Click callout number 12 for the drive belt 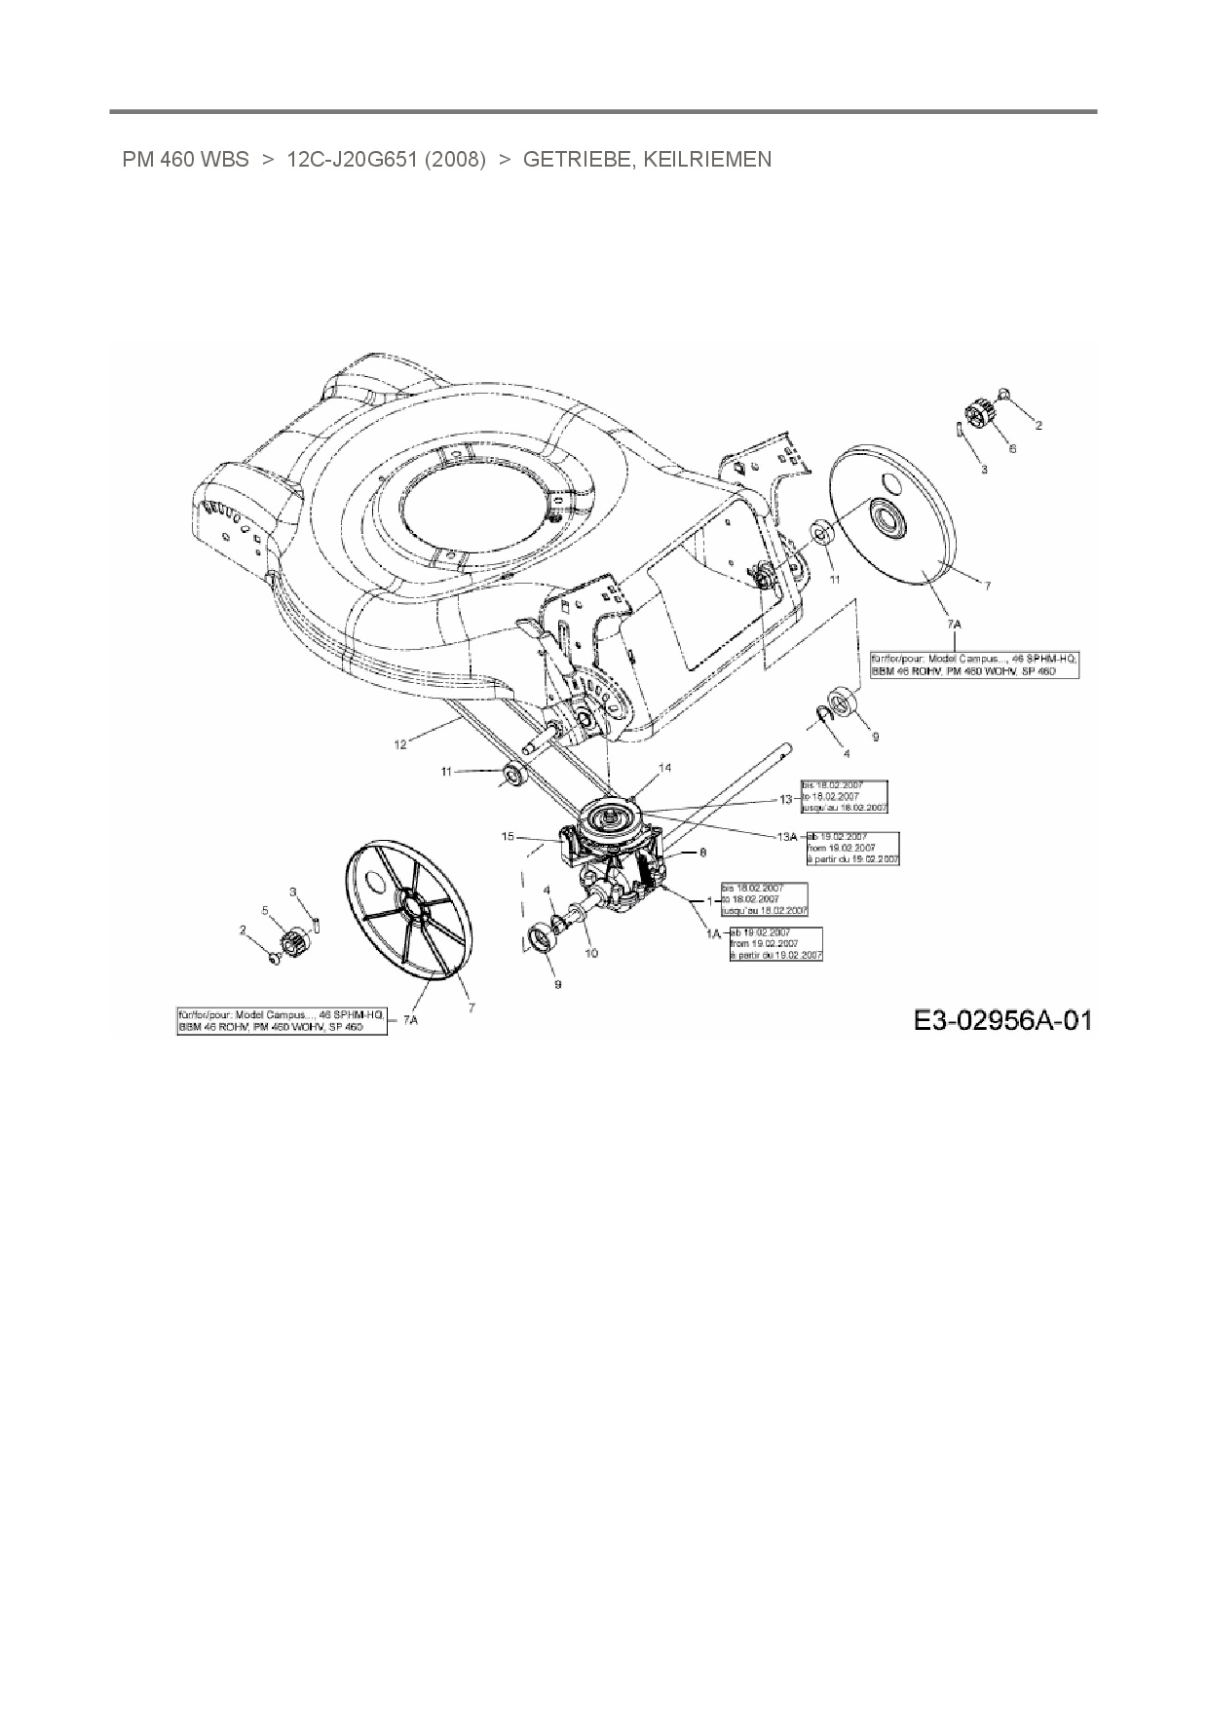[400, 745]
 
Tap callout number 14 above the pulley [664, 768]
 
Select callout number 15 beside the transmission [508, 836]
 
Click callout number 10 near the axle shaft [591, 953]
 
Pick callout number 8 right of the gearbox [702, 852]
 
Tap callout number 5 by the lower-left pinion [264, 910]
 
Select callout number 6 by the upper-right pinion [1012, 448]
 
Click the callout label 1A [713, 933]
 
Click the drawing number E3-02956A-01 [1002, 1020]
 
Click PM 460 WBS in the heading [185, 159]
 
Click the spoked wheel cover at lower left [409, 910]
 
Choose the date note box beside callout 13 [844, 796]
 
